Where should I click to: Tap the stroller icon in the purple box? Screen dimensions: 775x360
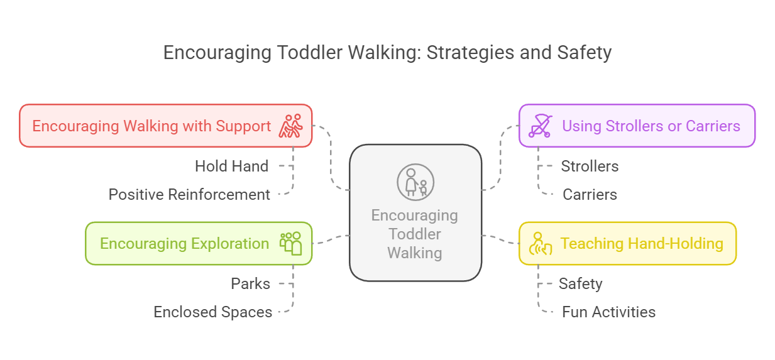coord(541,126)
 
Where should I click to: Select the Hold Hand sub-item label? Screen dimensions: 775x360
coord(231,166)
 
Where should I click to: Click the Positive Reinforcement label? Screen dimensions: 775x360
coord(189,195)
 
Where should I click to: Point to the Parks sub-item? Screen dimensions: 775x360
coord(251,284)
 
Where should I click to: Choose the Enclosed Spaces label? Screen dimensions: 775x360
coord(213,312)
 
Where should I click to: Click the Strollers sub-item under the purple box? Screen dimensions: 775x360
coord(590,166)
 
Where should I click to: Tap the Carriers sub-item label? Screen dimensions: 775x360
coord(590,195)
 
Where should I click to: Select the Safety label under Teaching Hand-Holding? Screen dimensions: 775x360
coord(581,284)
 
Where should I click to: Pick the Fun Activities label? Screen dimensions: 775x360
coord(609,312)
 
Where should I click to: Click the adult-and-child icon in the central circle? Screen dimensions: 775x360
coord(415,182)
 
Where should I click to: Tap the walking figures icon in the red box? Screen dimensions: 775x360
coord(290,126)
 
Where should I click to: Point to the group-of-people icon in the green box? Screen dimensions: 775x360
coord(290,244)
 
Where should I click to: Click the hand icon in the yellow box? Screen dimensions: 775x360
coord(541,244)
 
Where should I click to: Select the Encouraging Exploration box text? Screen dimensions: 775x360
coord(184,244)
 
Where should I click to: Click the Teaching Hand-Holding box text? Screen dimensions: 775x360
coord(642,244)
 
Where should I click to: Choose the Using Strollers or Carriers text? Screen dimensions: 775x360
coord(651,126)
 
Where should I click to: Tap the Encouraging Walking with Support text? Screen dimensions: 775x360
coord(151,126)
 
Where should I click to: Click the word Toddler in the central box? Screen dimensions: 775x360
coord(415,234)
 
